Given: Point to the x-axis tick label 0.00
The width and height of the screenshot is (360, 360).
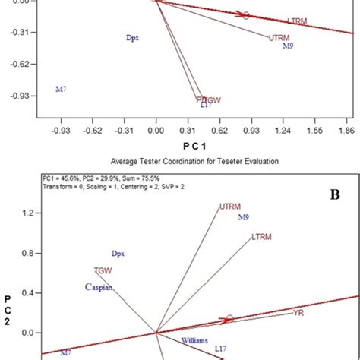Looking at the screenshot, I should (x=156, y=130).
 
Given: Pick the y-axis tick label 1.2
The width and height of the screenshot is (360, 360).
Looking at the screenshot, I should (x=28, y=213).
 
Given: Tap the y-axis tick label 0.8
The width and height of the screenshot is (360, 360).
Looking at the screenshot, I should (x=28, y=254).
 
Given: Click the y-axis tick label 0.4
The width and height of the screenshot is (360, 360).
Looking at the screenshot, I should (x=28, y=293).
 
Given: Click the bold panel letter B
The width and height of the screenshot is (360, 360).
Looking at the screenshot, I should (x=333, y=195).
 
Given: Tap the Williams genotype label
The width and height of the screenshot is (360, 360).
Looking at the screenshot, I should (x=194, y=341).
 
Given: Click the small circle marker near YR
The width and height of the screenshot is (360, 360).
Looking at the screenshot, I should (x=229, y=319).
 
